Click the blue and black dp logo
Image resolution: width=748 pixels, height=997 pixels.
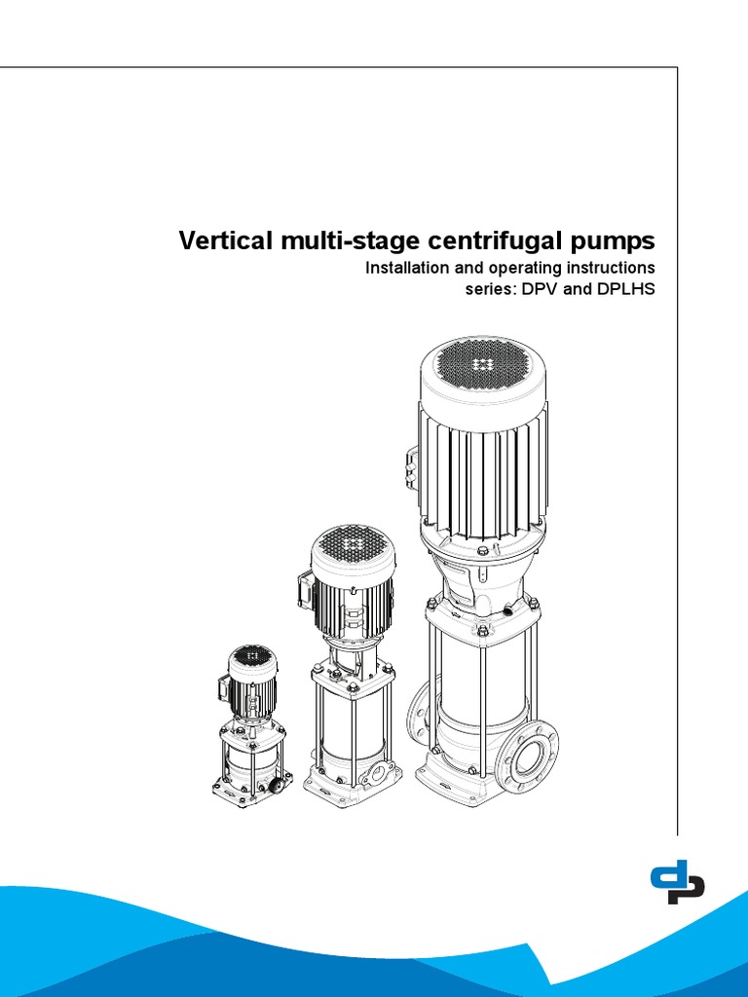(x=677, y=881)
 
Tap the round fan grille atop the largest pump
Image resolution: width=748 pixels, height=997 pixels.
(x=481, y=364)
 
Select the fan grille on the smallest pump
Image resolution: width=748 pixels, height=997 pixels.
(x=252, y=657)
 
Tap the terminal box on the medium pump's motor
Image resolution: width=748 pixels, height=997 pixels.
(x=304, y=590)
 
